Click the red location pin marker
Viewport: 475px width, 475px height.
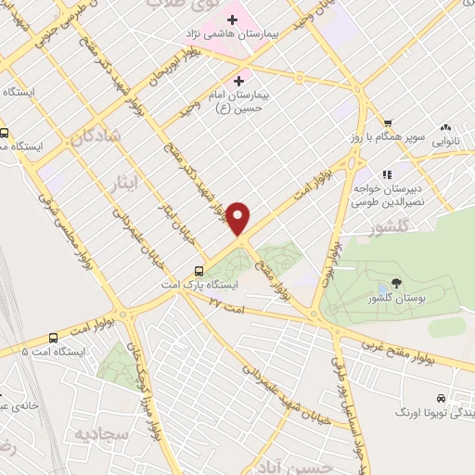[239, 219]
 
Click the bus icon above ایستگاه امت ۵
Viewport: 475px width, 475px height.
[52, 338]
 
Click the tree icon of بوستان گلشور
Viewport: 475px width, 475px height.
[397, 283]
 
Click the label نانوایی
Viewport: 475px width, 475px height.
[440, 143]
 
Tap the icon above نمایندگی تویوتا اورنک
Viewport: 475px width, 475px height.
[453, 393]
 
